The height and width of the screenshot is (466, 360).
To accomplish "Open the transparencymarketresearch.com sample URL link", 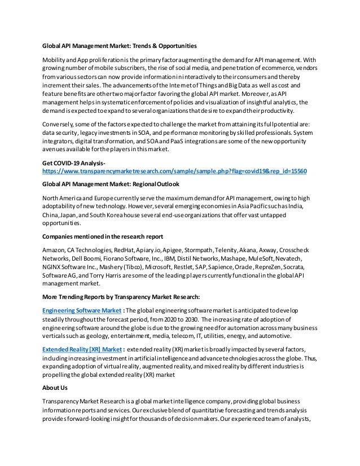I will click(x=174, y=170).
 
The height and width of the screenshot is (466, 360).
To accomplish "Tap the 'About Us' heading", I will click(x=56, y=388).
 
